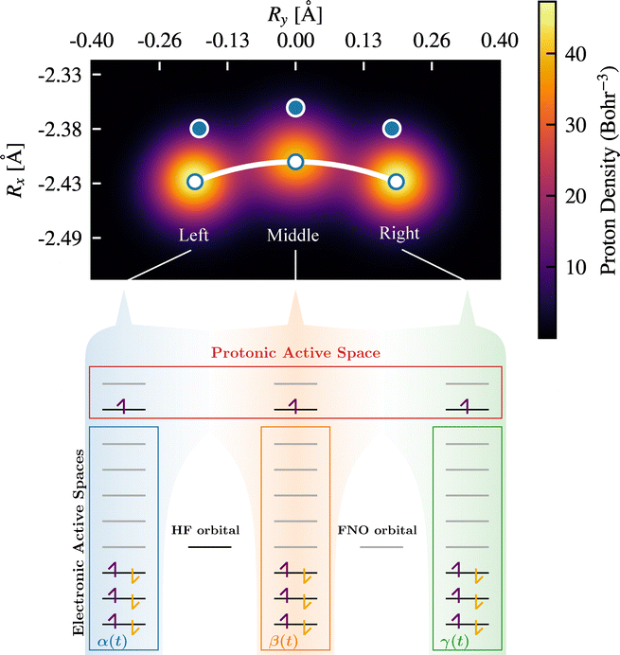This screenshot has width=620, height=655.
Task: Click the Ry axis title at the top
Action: pyautogui.click(x=295, y=12)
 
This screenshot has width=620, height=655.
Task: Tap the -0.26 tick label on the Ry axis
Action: pyautogui.click(x=159, y=41)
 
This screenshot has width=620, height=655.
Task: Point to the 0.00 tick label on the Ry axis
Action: pyautogui.click(x=295, y=41)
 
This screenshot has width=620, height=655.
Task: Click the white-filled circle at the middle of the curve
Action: pyautogui.click(x=295, y=162)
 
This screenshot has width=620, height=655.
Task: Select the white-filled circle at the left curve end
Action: pyautogui.click(x=195, y=182)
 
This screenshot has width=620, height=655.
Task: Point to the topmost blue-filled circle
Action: pyautogui.click(x=295, y=109)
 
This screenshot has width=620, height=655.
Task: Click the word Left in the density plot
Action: pyautogui.click(x=194, y=234)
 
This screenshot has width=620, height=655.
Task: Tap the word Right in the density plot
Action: pyautogui.click(x=399, y=233)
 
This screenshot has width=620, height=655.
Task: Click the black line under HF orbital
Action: pyautogui.click(x=209, y=547)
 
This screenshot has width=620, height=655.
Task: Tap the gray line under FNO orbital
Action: pyautogui.click(x=381, y=547)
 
